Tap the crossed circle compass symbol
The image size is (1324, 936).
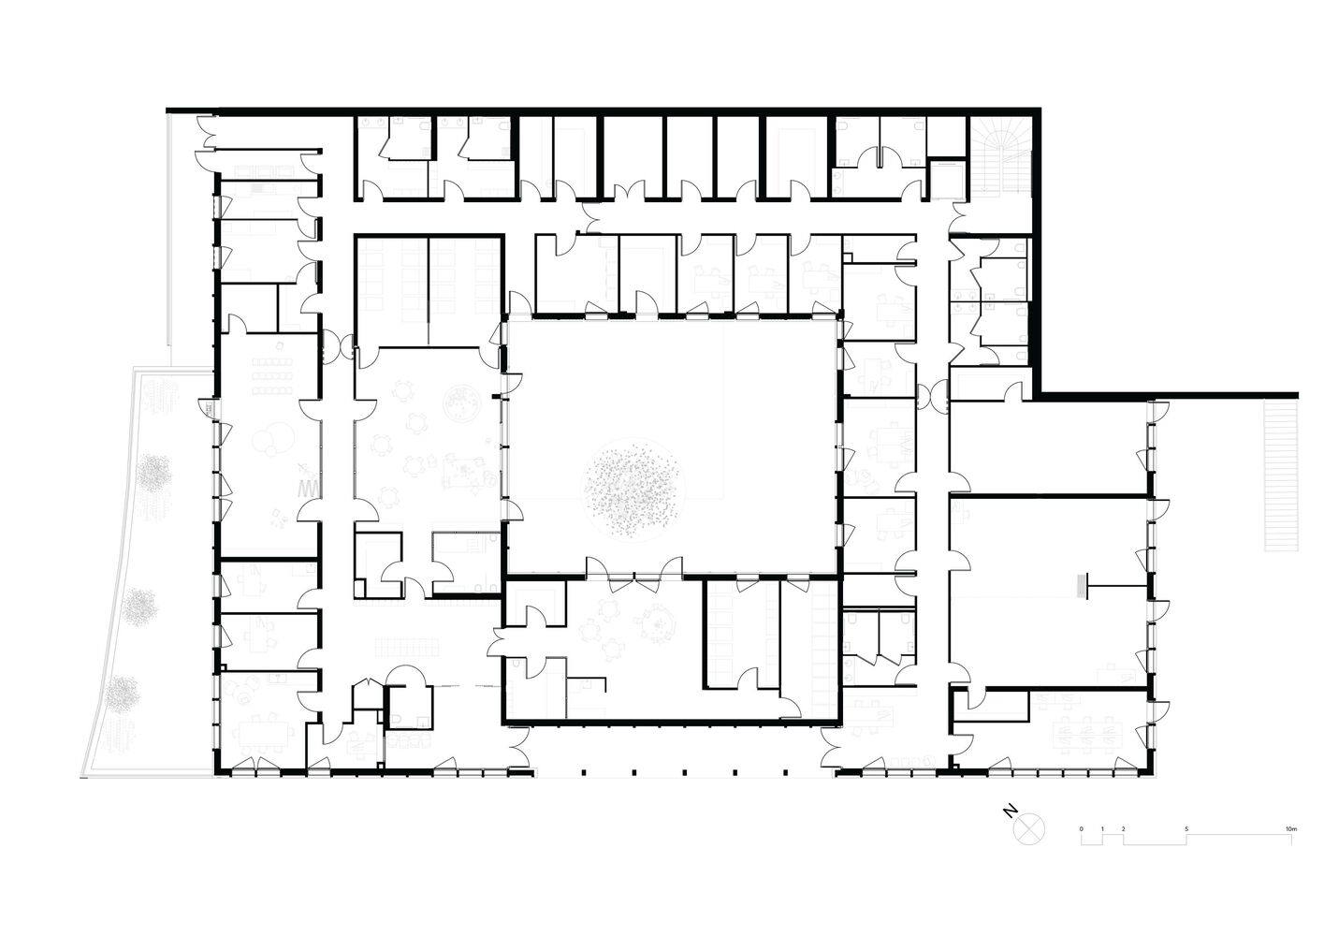click(1029, 828)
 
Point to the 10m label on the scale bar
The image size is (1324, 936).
click(1291, 829)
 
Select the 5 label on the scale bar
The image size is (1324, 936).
click(1186, 829)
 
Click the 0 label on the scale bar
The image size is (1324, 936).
click(1081, 829)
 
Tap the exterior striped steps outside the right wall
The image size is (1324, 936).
click(1281, 476)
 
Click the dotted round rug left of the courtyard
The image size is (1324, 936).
click(461, 402)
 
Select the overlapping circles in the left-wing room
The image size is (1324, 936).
click(272, 439)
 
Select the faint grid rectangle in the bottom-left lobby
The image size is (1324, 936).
click(407, 646)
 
